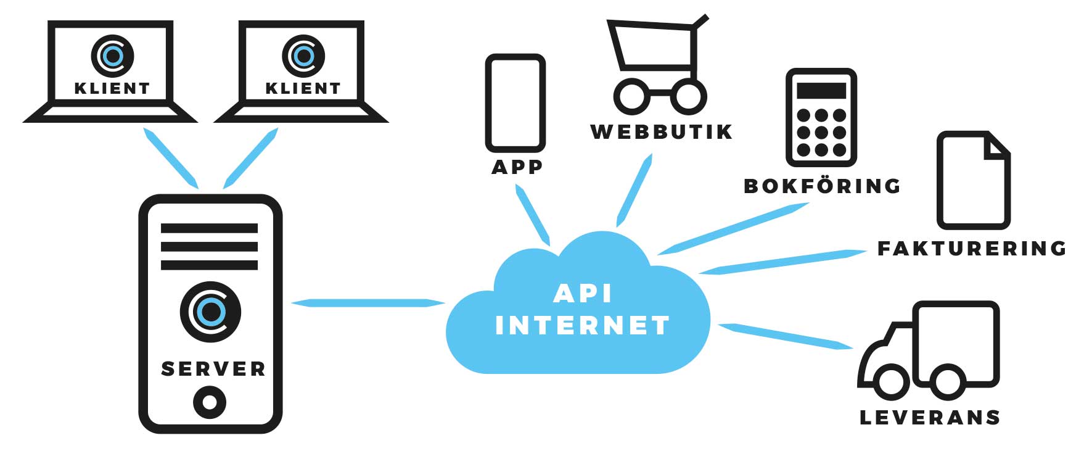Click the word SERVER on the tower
(213, 369)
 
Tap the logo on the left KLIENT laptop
(112, 56)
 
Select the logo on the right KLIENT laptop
(303, 56)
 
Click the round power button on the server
(209, 402)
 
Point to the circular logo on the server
(210, 312)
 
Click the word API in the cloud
(582, 294)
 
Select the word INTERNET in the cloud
(582, 326)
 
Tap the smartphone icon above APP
(515, 103)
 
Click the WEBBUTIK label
(661, 132)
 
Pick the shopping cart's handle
(700, 22)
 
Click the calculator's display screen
(821, 91)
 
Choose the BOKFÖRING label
(822, 186)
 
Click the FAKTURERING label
(972, 248)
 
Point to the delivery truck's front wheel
(890, 381)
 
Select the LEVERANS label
(929, 418)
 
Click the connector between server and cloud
(367, 303)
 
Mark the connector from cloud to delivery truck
(786, 336)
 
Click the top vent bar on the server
(209, 228)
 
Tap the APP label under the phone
(517, 167)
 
